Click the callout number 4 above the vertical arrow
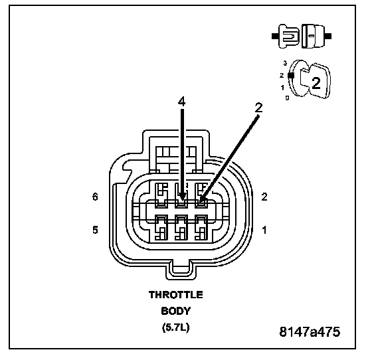[x=182, y=102]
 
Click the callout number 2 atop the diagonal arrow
[x=258, y=108]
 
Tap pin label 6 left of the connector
[x=95, y=197]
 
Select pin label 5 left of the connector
[x=95, y=230]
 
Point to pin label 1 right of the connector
[x=264, y=230]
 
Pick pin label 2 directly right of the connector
[x=264, y=197]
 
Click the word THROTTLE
[x=176, y=295]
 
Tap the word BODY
[x=176, y=311]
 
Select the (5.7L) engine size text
[x=176, y=327]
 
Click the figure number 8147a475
[x=310, y=332]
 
